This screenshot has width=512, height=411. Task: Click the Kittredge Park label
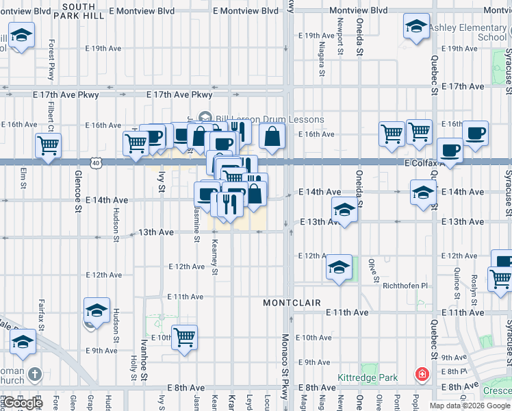[x=368, y=377]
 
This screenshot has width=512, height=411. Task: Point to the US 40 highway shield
[x=95, y=162]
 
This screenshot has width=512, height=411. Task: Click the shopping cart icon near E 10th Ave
[x=184, y=338]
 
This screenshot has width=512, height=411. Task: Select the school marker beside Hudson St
[x=97, y=311]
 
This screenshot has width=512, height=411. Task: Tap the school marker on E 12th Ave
[x=339, y=266]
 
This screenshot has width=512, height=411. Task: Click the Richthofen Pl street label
[x=405, y=286]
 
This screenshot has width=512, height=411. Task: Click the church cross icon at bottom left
[x=36, y=375]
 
